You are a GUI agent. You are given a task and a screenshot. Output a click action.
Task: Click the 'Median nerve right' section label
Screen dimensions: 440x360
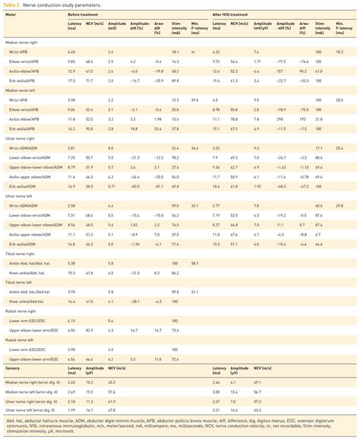pyautogui.click(x=23, y=43)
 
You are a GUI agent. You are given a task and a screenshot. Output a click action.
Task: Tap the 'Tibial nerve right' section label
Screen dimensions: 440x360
pyautogui.click(x=23, y=254)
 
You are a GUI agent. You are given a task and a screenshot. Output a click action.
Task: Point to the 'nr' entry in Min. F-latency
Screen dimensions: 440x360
pyautogui.click(x=194, y=52)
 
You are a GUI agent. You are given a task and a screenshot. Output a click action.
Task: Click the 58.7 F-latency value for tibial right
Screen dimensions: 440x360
pyautogui.click(x=194, y=262)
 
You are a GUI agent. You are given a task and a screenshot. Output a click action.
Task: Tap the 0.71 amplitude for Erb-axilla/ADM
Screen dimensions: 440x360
pyautogui.click(x=111, y=185)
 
